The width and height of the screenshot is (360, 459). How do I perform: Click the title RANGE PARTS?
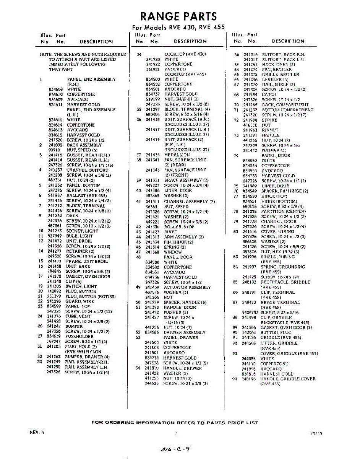coord(178,16)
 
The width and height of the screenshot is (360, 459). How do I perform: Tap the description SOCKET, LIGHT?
coord(82,231)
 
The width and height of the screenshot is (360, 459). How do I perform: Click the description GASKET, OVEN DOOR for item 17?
coord(88,276)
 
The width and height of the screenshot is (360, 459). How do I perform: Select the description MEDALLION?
coord(177,155)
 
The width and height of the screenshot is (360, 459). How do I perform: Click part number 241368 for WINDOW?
coord(152,252)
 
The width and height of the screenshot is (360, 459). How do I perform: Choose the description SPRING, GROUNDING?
coord(283,267)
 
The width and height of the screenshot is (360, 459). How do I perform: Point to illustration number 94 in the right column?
coord(235,379)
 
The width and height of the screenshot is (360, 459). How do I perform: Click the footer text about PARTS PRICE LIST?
coord(175,423)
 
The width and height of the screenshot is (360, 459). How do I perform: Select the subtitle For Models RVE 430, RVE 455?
coord(178,28)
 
